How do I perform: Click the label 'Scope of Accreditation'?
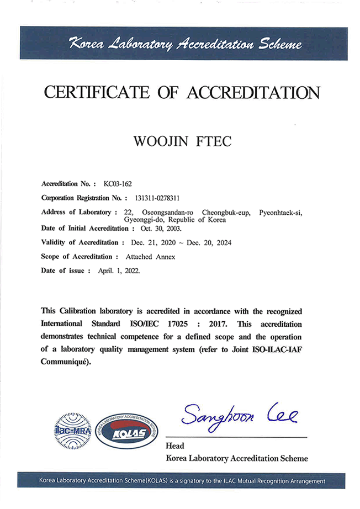(79, 257)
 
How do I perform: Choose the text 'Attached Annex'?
(151, 257)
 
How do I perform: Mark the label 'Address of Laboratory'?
(78, 213)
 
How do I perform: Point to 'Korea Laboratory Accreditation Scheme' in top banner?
(185, 44)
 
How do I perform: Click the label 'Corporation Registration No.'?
(82, 198)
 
